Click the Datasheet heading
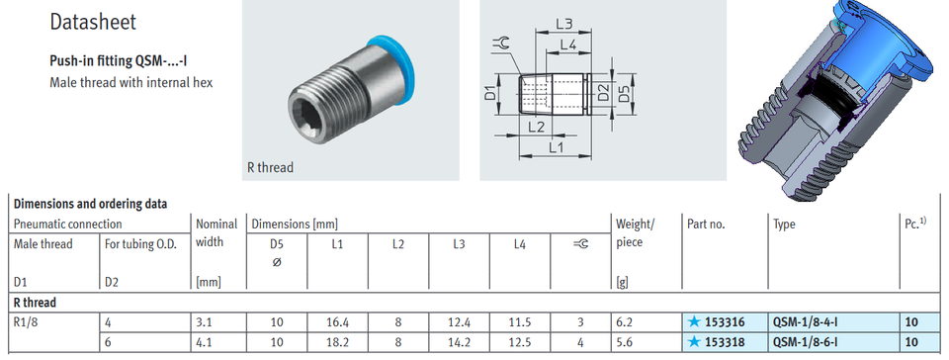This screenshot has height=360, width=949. click(93, 22)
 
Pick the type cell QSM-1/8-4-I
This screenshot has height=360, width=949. click(808, 321)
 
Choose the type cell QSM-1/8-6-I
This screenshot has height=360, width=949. click(808, 341)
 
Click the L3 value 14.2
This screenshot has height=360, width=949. click(459, 341)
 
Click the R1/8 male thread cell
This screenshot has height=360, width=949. click(26, 321)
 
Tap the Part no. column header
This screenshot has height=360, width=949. click(706, 225)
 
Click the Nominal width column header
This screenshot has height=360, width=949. click(216, 233)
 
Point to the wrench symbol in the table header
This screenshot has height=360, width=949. click(580, 244)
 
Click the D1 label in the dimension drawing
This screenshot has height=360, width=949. click(490, 95)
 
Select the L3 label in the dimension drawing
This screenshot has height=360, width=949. click(563, 22)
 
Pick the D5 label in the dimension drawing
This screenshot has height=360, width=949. click(624, 95)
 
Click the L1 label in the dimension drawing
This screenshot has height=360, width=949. click(555, 147)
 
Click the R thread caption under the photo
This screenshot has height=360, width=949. click(270, 167)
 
